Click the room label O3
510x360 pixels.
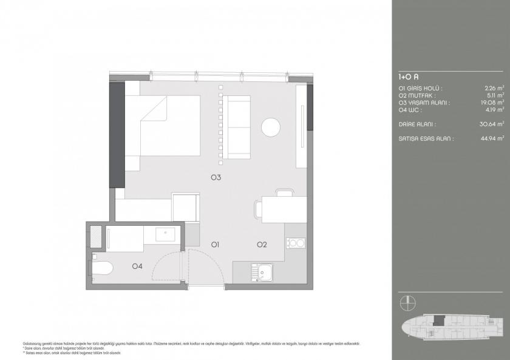coord(215,178)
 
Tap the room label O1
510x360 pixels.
coord(215,245)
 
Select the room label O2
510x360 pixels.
coord(262,245)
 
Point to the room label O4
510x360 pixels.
coord(138,265)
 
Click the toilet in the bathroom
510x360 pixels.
coord(101,267)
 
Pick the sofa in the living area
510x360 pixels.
coord(236,127)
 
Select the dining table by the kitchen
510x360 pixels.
coord(284,209)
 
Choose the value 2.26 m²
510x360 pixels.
coord(493,88)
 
